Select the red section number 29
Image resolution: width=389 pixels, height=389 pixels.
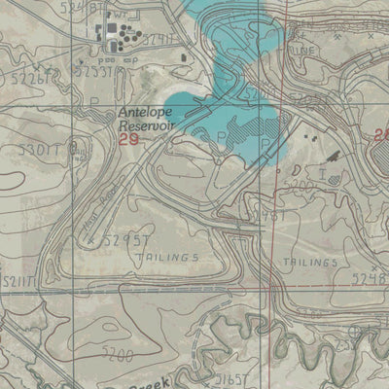pos(128,141)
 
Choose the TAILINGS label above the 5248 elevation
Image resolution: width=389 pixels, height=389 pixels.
pos(311,263)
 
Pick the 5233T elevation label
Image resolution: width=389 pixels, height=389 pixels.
pos(94,71)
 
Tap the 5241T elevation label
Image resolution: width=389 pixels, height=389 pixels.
pos(160,40)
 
